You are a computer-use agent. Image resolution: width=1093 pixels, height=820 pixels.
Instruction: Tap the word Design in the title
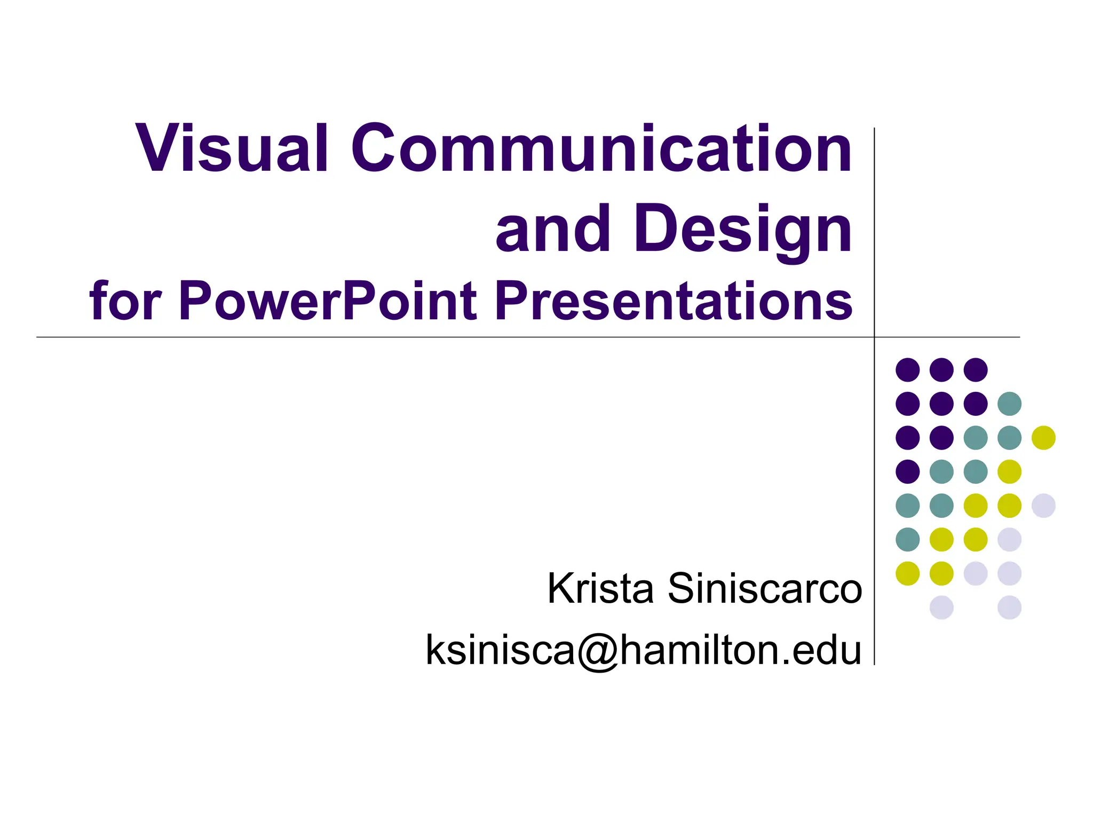click(x=743, y=230)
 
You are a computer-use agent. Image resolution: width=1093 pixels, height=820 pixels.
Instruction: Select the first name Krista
click(x=600, y=588)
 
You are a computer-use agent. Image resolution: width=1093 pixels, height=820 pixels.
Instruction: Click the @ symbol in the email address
click(x=596, y=650)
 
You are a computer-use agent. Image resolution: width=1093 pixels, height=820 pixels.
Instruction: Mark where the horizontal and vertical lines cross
click(x=874, y=337)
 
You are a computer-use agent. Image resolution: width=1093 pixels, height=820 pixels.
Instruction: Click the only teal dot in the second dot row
click(x=1009, y=404)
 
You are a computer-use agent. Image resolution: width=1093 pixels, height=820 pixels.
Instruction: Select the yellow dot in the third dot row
click(x=1043, y=438)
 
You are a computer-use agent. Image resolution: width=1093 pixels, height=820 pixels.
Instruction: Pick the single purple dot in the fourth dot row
click(x=908, y=471)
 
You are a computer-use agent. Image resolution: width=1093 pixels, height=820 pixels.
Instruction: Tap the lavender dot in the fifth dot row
click(x=1043, y=506)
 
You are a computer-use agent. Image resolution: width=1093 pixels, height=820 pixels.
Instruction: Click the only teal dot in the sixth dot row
click(x=908, y=539)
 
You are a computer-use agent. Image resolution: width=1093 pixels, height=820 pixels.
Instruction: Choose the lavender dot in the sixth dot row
click(x=1009, y=539)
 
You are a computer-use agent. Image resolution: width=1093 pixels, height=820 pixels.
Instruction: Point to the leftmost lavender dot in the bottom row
click(x=941, y=608)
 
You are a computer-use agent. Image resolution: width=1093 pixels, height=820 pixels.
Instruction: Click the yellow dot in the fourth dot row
click(x=1009, y=471)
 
